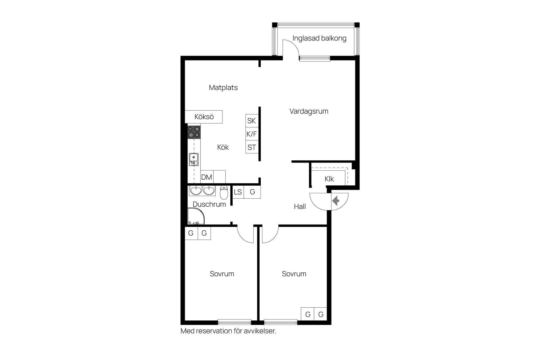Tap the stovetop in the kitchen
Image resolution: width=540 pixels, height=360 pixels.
pos(194,132)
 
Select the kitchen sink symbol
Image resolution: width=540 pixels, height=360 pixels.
pos(193,159)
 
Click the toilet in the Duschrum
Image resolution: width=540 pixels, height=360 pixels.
pos(224,192)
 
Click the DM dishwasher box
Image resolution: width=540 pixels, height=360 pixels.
pos(207,177)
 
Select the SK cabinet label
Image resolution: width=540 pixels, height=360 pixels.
pos(251,121)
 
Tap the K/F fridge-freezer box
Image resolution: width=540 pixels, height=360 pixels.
pos(252,134)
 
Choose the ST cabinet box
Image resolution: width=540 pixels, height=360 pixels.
pos(252,147)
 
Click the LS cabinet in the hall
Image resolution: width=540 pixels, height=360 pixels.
pos(238,192)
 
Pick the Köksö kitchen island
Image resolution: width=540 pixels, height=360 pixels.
pos(204,117)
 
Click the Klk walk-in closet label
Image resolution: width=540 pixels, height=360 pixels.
pos(329,179)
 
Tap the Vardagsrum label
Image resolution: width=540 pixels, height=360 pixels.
pos(309,111)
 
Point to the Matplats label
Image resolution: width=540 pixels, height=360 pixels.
pos(223,87)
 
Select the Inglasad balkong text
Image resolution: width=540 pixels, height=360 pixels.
pos(319,38)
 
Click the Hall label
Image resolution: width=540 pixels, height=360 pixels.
pos(300,207)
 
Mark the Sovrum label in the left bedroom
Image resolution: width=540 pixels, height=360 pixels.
pos(222,274)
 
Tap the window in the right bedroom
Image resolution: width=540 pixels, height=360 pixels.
pos(281,322)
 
